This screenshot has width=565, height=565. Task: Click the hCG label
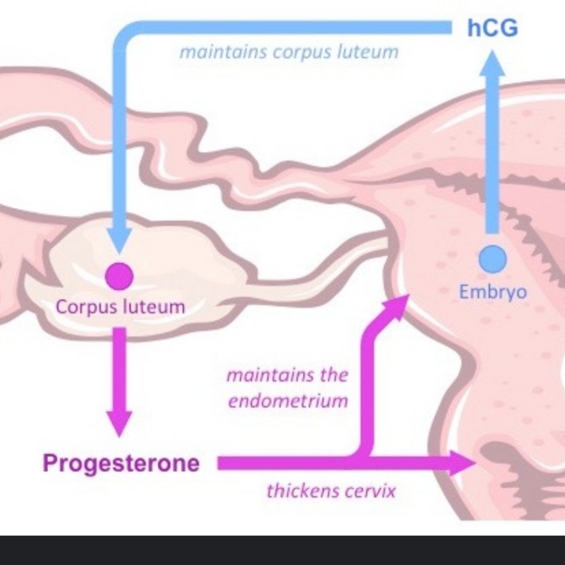point(492,28)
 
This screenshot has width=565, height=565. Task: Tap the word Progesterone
point(121,463)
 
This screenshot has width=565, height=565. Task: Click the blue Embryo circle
point(493,258)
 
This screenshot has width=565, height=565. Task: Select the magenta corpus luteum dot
point(119,277)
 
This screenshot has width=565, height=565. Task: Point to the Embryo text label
point(493,292)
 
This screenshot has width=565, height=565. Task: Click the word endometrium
point(288,401)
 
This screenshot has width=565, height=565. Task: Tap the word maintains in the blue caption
point(223,53)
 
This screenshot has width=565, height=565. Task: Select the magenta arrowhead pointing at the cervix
point(462,463)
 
